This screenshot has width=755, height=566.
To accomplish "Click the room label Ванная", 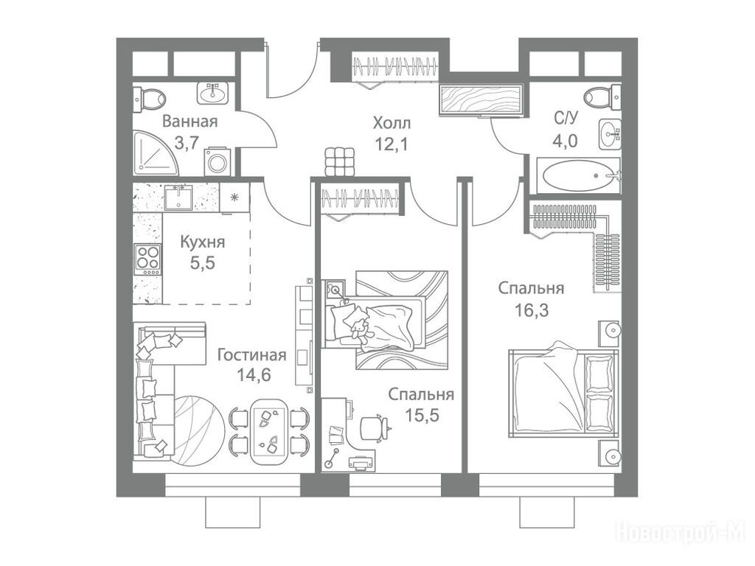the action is point(189,122).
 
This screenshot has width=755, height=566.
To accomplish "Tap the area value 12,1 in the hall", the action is point(392,144).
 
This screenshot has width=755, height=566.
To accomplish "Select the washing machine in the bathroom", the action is point(218,161).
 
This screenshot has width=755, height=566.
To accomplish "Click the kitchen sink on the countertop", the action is point(178,198).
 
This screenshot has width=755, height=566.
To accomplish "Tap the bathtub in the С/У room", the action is point(578,175).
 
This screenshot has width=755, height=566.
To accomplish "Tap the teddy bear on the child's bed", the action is point(359,331).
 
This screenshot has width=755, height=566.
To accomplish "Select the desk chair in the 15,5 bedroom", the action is point(375,427).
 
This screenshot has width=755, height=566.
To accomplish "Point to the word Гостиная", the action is point(252,355).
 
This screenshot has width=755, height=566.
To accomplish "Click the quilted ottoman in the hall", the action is point(341,161).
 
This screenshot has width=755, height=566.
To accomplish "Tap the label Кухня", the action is point(202,242).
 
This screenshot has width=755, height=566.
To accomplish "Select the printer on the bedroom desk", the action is point(360,463).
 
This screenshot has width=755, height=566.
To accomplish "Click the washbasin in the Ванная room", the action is point(212,92).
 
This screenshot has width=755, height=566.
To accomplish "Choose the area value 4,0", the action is point(566,141).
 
